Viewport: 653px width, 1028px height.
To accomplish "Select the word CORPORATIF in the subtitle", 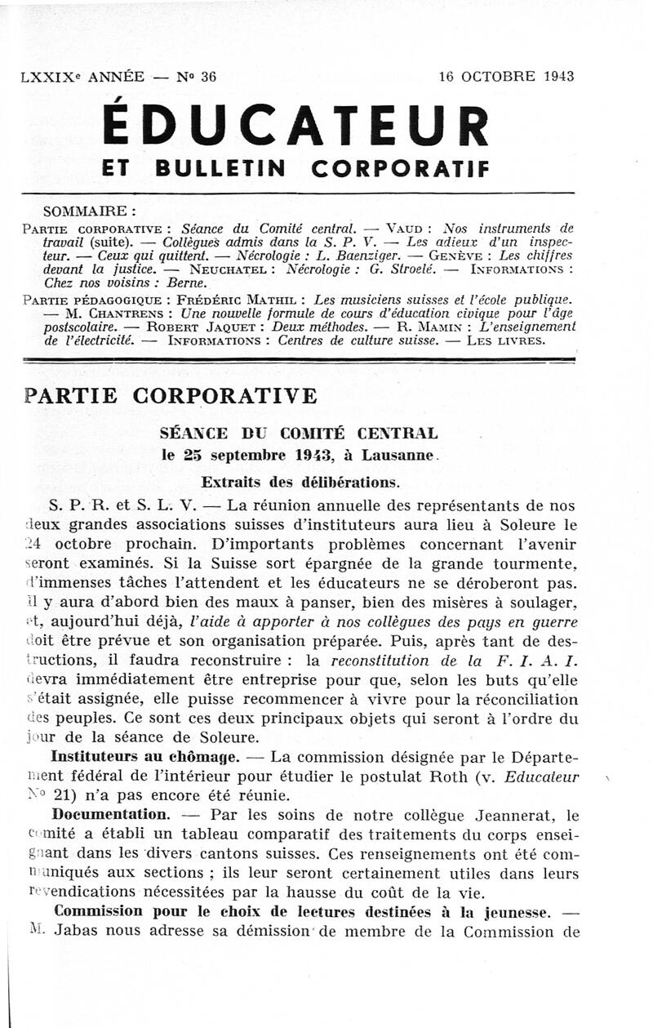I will pyautogui.click(x=401, y=169).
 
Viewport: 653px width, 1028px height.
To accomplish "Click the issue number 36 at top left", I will pyautogui.click(x=207, y=78).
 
